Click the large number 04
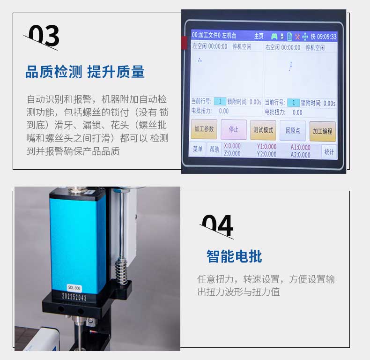click(217, 226)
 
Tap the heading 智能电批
click(234, 256)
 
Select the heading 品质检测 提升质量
click(85, 72)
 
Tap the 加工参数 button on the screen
click(204, 129)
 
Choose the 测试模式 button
click(263, 130)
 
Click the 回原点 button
click(293, 131)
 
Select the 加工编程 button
click(322, 131)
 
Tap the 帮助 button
click(214, 150)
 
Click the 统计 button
click(329, 151)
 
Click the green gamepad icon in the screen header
click(274, 36)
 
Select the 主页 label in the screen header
click(259, 36)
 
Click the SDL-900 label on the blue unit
click(74, 287)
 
